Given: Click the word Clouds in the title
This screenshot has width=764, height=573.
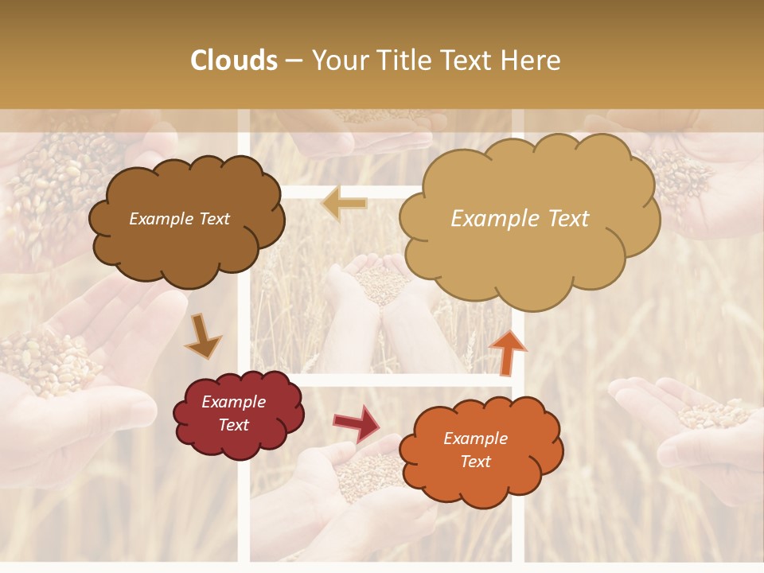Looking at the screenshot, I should (x=234, y=60).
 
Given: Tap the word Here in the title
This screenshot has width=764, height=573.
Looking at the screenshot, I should (x=532, y=60).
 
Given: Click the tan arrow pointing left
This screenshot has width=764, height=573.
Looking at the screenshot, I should (x=345, y=205).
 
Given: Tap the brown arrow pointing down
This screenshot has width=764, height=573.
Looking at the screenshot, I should (x=202, y=337).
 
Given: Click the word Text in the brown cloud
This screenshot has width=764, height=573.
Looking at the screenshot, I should (x=213, y=219).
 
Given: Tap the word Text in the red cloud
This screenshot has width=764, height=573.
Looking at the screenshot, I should (x=234, y=425).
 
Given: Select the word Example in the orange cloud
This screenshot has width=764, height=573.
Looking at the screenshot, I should (x=475, y=439).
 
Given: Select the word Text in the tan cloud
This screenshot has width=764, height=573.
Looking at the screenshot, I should (x=569, y=219).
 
